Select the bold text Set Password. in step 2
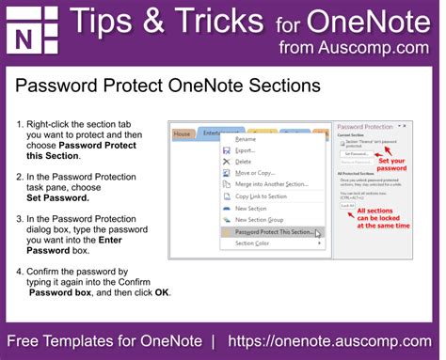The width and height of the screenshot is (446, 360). (57, 198)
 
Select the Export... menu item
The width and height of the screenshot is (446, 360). (245, 150)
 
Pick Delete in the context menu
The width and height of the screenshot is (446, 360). (243, 162)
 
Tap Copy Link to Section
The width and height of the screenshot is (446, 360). (262, 196)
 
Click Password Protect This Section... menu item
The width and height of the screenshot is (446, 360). (274, 231)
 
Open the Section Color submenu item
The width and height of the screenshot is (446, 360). (252, 243)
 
